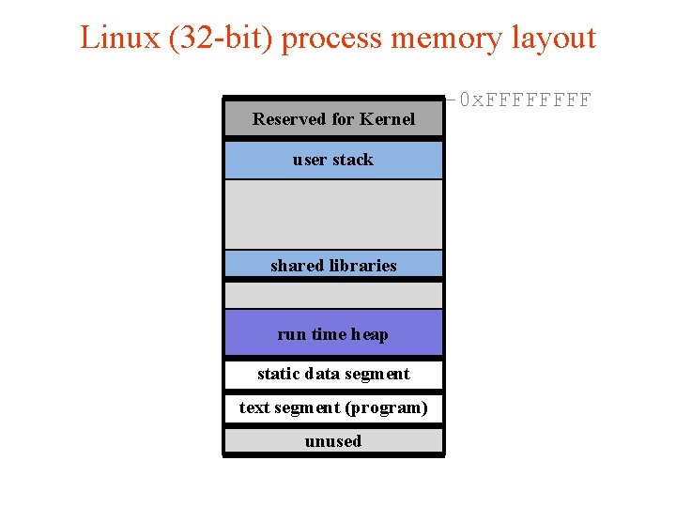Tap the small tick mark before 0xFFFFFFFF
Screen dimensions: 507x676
450,98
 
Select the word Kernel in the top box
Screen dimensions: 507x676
386,119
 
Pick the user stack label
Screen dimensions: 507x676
332,160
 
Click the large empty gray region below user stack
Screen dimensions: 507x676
332,214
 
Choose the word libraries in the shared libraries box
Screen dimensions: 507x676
361,266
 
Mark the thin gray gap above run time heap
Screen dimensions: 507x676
332,295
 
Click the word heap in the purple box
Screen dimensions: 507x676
369,335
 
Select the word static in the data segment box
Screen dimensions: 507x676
278,374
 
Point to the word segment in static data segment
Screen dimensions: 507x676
377,374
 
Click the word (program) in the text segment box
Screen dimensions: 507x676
387,407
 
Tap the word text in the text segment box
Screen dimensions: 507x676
254,407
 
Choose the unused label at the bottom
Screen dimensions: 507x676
332,441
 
